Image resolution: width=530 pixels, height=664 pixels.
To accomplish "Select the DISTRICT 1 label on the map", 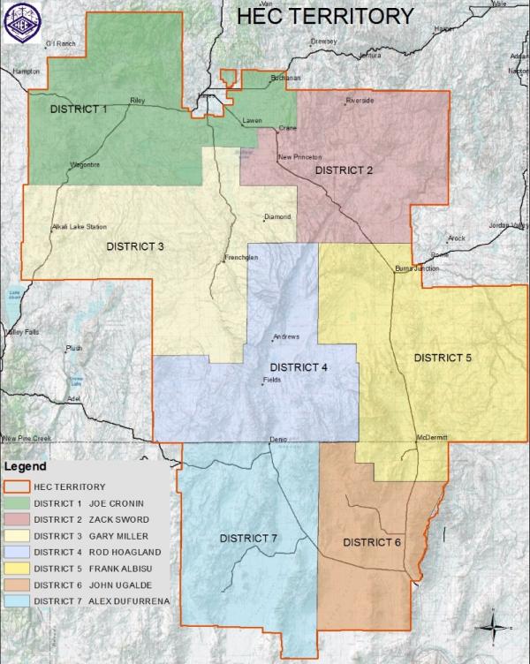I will pyautogui.click(x=78, y=109).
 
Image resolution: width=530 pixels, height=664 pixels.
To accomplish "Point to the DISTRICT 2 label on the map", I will pyautogui.click(x=345, y=170).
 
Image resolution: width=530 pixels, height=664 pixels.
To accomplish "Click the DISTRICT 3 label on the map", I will pyautogui.click(x=135, y=246).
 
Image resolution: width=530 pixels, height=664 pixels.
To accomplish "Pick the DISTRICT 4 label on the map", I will pyautogui.click(x=299, y=368).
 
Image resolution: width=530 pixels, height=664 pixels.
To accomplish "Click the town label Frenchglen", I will pyautogui.click(x=240, y=259).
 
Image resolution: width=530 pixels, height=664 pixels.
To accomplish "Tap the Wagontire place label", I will pyautogui.click(x=86, y=165).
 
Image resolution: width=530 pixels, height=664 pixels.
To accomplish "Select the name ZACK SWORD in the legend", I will pyautogui.click(x=119, y=518).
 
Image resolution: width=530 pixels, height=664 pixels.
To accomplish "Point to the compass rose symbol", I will pyautogui.click(x=490, y=629).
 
